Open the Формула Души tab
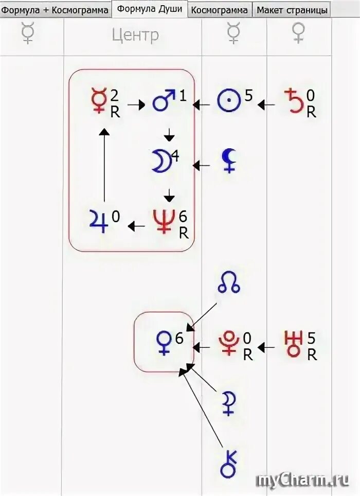[149, 9]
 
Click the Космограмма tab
[219, 10]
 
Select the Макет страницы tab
[292, 10]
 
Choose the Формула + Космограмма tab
[55, 10]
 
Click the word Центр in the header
[135, 35]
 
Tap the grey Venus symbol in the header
[298, 34]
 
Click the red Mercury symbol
[98, 101]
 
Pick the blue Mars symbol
[164, 101]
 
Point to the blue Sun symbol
[229, 101]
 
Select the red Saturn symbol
[294, 101]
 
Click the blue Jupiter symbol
[98, 222]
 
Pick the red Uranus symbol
[293, 343]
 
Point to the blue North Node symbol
[229, 284]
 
